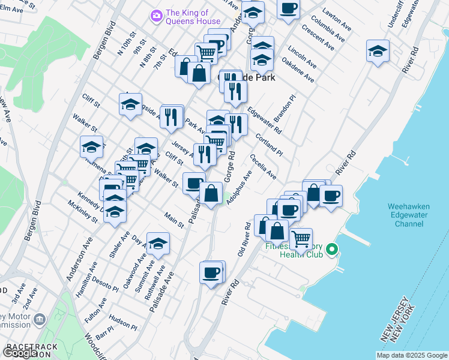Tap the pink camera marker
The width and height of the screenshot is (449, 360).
[x=157, y=15]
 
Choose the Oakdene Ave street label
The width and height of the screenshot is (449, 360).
[x=298, y=70]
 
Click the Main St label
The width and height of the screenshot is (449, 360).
[x=175, y=220]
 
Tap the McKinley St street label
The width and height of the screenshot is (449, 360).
[x=83, y=212]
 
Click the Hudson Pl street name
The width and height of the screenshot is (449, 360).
[x=123, y=324]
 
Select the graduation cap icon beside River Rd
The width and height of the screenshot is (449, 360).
[x=378, y=51]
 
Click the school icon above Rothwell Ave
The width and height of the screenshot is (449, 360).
[x=158, y=243]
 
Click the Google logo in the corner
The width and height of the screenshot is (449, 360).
[x=20, y=353]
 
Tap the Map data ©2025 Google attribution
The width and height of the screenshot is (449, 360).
[x=412, y=355]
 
